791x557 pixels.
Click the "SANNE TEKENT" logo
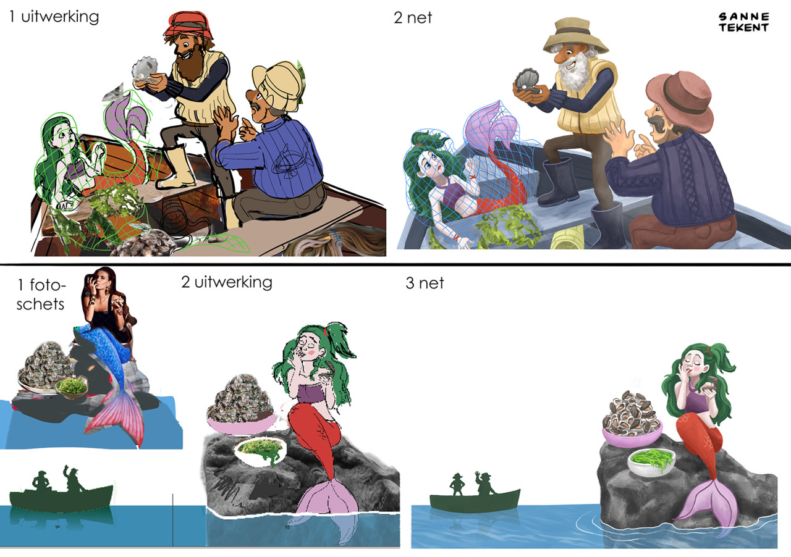pos(743,22)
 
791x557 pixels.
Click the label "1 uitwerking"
pos(54,17)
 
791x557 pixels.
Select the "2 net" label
pos(412,18)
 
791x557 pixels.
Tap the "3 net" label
pos(425,283)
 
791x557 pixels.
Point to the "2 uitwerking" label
pos(227,282)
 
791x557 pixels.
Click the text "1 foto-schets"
pos(41,295)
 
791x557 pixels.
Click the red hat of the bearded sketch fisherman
pos(186,24)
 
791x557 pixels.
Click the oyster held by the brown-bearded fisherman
pos(145,69)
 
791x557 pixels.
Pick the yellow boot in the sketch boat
pos(177,169)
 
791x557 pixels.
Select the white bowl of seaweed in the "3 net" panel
pos(651,463)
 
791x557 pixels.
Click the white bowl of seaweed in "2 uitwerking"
pos(261,451)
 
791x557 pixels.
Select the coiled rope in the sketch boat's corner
pos(339,242)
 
